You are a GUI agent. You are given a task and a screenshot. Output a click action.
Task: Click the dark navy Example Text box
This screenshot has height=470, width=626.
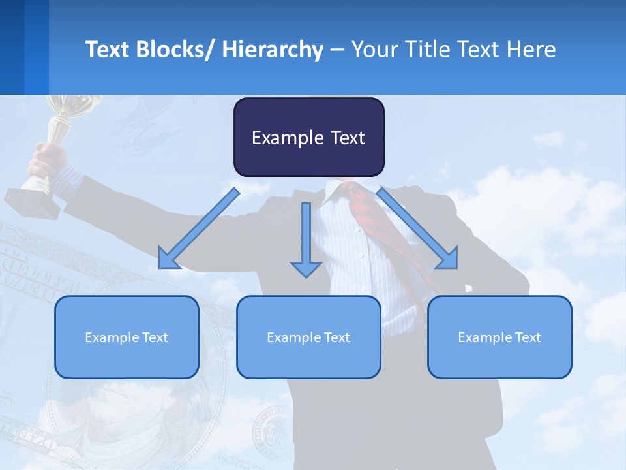(308, 137)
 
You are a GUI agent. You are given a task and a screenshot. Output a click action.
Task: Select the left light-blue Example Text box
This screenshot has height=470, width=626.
(127, 337)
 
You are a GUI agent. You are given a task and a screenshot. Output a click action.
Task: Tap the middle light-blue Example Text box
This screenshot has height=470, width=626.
(308, 337)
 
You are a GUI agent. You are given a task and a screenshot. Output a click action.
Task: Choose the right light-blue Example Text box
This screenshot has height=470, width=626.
(499, 337)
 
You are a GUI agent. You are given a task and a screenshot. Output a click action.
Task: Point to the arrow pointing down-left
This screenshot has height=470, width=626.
(199, 228)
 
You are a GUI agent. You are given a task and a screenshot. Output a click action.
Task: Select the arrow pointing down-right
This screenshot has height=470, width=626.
(417, 228)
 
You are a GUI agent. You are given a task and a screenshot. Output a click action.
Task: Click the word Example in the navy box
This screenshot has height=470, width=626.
(287, 138)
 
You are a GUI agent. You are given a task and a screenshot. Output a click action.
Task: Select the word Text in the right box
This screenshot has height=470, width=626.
(528, 337)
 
